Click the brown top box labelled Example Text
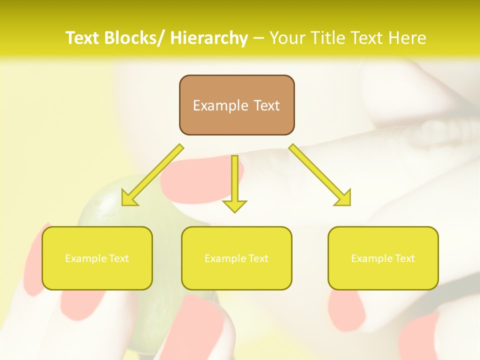tap(236, 105)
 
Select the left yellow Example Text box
tap(97, 258)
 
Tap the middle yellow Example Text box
tap(236, 258)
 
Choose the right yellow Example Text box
tap(383, 258)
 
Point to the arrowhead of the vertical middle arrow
tap(234, 205)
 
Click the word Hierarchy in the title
tap(209, 38)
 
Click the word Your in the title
tap(288, 38)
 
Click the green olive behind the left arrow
tap(100, 210)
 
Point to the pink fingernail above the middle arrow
tap(200, 177)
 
